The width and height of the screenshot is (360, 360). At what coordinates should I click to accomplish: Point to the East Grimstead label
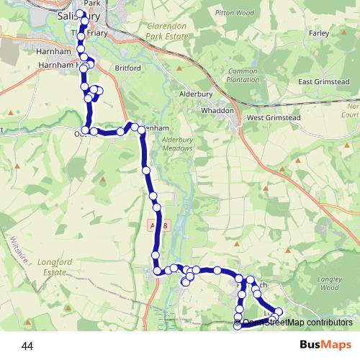323,82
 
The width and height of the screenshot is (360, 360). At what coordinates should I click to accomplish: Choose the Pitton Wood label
239,13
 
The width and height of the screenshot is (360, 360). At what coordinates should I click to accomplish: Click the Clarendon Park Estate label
166,30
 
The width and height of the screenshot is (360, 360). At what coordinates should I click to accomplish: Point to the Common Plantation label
243,75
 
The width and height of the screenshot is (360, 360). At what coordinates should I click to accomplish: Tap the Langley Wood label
328,283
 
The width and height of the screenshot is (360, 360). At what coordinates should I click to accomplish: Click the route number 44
27,346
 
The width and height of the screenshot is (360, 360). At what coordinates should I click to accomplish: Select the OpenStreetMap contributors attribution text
297,323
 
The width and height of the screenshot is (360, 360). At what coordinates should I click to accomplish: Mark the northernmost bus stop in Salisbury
80,14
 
